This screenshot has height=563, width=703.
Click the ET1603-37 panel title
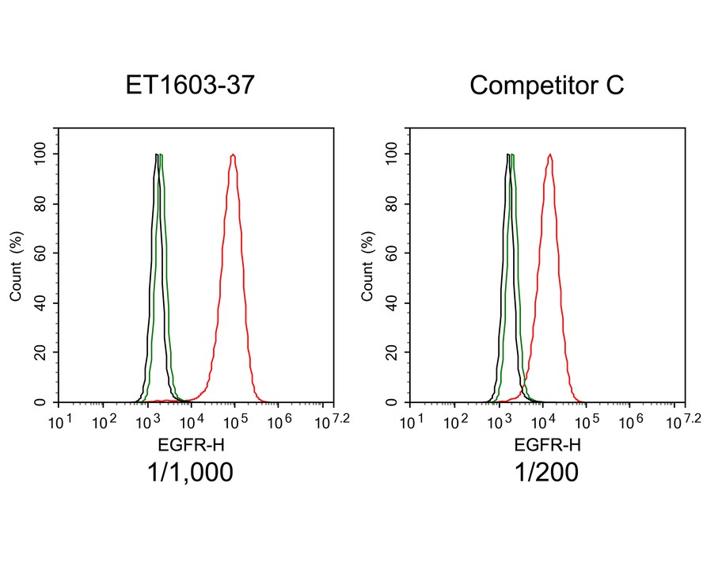[190, 85]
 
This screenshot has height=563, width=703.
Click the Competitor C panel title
[546, 85]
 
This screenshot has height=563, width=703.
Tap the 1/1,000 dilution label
[190, 473]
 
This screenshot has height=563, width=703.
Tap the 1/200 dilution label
[546, 473]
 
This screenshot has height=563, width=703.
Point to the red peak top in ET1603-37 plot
[233, 155]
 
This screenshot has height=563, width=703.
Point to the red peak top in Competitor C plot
[549, 155]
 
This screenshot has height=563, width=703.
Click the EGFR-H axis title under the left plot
[190, 444]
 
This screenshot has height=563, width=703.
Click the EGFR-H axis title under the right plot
[546, 444]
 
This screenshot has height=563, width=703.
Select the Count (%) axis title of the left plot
[16, 265]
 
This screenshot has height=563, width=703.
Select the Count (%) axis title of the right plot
[367, 265]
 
